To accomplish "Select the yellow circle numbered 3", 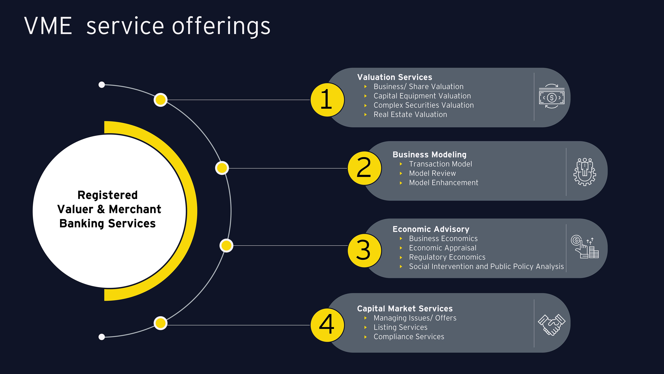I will [364, 250].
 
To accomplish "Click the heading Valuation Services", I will [394, 77].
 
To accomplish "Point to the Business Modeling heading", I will [429, 155].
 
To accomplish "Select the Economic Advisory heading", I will [431, 229].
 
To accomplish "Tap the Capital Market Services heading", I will [405, 309].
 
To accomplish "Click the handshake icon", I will [551, 324].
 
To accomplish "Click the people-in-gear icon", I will [585, 172].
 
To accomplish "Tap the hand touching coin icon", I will [584, 247].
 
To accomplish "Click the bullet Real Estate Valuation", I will [410, 115].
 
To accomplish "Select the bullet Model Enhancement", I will [443, 183].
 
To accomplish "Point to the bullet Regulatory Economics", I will [447, 257].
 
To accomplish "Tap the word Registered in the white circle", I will [108, 195].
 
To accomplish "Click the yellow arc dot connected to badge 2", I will [222, 168].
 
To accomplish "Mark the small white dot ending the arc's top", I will [102, 85].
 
